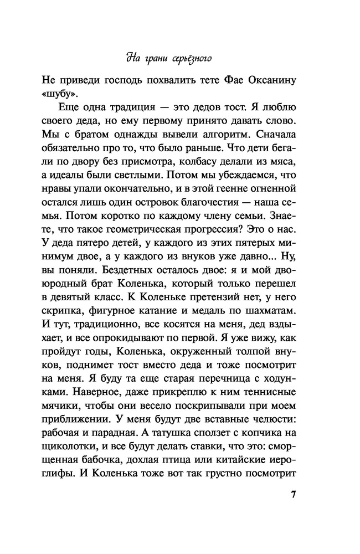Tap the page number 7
294,494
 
